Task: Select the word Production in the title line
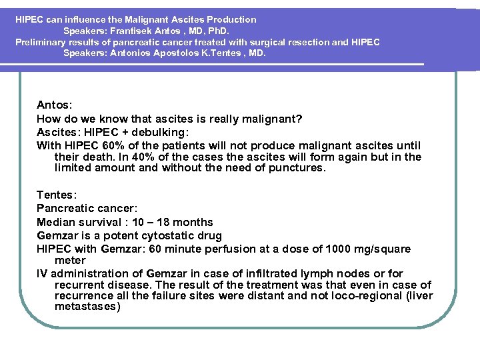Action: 231,19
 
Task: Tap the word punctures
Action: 297,168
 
